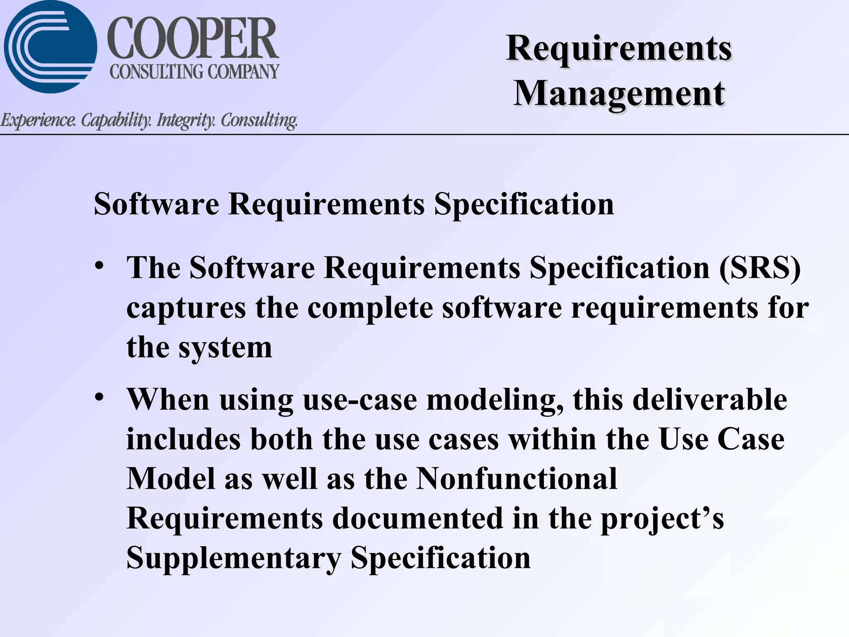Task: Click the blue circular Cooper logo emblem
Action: (50, 46)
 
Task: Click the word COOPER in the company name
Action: (193, 39)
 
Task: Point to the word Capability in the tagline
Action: (116, 120)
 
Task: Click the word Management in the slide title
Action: (619, 94)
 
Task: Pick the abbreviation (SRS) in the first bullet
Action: (759, 268)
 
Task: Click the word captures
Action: (186, 309)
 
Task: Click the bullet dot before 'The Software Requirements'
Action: (99, 265)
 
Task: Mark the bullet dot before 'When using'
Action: (99, 397)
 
